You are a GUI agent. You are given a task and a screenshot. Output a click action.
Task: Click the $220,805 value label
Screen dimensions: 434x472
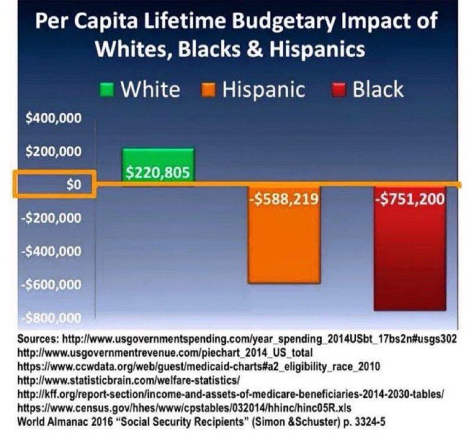click(157, 172)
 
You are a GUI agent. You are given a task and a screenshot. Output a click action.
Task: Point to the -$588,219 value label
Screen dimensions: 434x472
click(284, 199)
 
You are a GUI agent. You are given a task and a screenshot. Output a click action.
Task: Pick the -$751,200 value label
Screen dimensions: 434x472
click(410, 199)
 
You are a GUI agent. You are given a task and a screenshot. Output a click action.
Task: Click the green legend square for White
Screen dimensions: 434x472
click(109, 90)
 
